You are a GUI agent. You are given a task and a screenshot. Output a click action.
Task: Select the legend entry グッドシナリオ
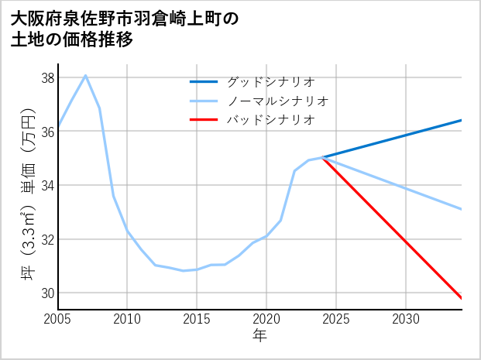[x=270, y=81]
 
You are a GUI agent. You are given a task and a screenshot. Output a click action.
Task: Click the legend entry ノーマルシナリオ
[x=277, y=101]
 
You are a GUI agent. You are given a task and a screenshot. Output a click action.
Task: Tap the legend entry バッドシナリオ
[x=270, y=120]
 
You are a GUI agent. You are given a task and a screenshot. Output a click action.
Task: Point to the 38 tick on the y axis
[x=47, y=78]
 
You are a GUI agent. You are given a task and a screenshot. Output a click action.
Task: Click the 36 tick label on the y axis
[x=47, y=132]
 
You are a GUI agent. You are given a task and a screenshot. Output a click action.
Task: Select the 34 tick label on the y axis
[x=47, y=186]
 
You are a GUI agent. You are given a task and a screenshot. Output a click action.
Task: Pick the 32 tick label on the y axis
[x=47, y=239]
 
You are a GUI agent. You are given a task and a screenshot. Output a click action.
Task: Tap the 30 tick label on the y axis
[x=47, y=293]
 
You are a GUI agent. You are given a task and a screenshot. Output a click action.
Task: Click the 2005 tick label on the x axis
[x=58, y=319]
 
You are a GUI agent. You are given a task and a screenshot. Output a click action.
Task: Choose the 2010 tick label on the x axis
[x=127, y=319]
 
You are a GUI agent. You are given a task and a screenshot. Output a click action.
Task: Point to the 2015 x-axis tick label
[x=197, y=319]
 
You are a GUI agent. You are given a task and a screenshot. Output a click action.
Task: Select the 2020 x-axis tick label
[x=266, y=319]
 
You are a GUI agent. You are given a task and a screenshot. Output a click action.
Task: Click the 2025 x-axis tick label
[x=336, y=319]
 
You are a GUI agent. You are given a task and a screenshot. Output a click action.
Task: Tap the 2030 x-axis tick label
[x=406, y=319]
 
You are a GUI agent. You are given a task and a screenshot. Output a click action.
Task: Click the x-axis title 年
[x=260, y=336]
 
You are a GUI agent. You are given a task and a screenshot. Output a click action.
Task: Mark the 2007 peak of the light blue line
[x=85, y=75]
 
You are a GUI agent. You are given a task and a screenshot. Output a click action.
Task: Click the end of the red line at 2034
[x=462, y=298]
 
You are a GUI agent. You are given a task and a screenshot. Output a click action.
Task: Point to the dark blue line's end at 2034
[x=462, y=120]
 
